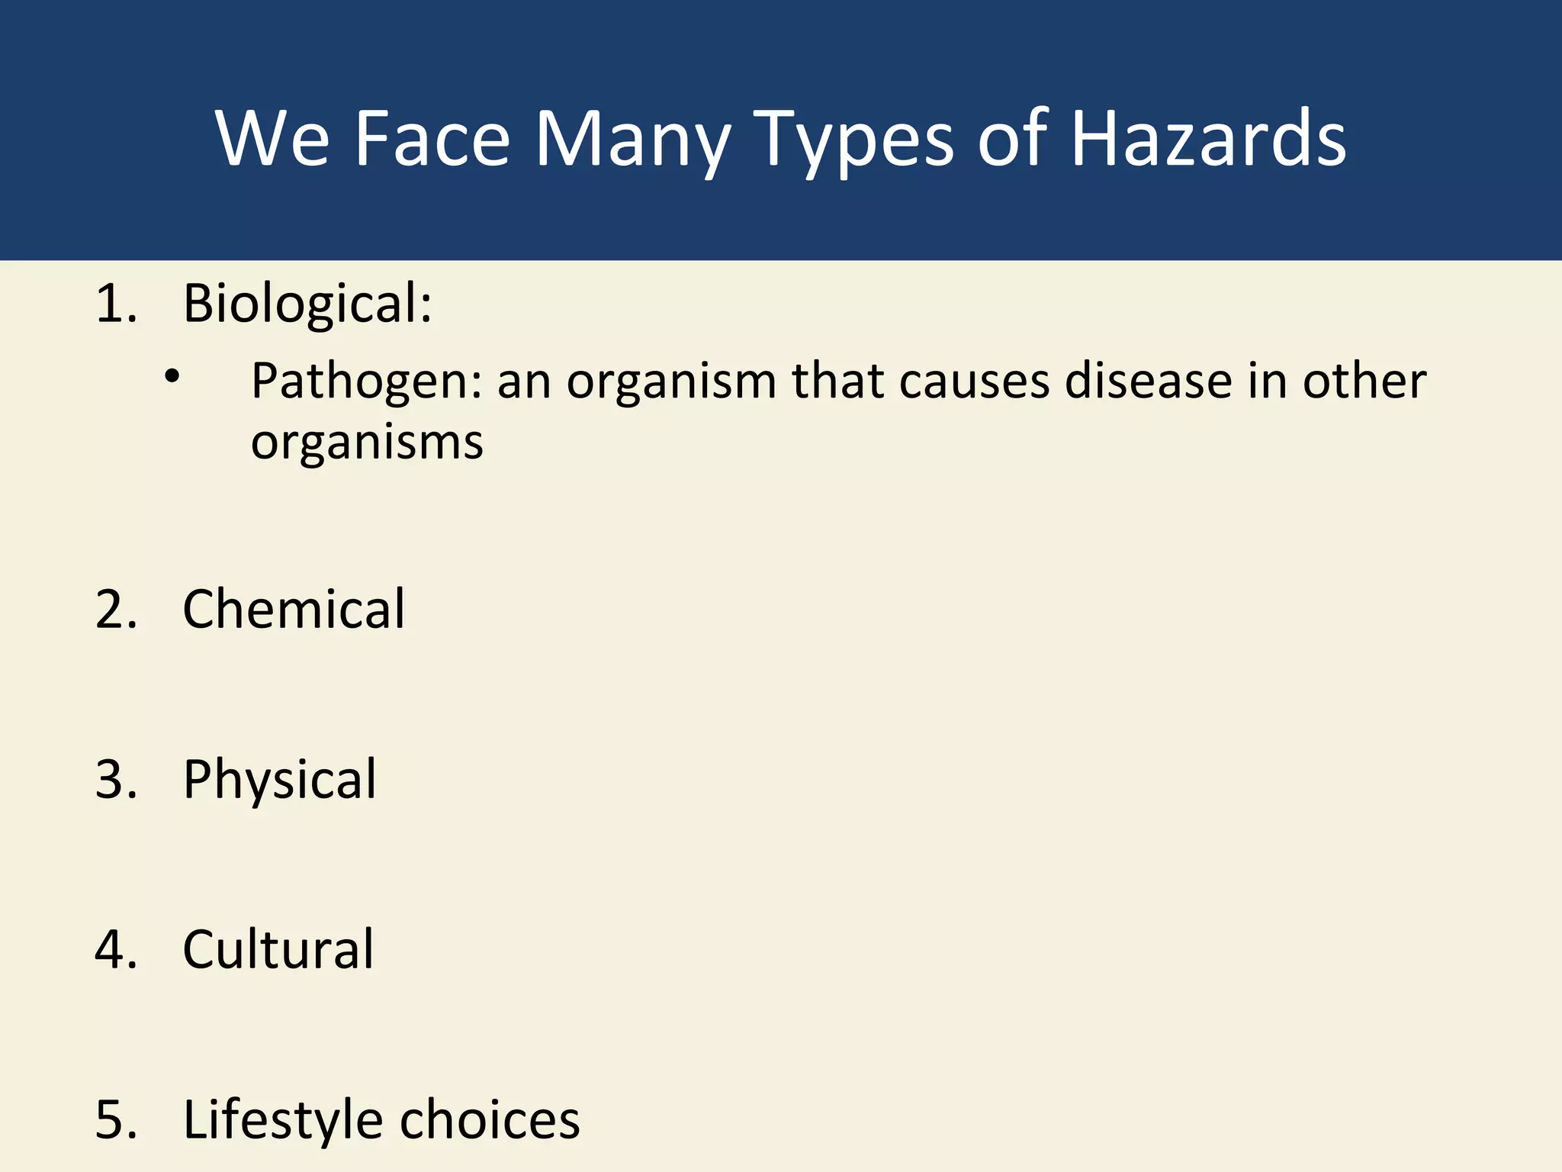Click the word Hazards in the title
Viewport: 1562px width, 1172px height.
tap(1208, 139)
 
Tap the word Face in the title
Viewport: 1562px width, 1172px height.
tap(432, 139)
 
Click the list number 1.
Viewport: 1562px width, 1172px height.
tap(115, 304)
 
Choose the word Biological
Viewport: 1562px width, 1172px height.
tap(307, 304)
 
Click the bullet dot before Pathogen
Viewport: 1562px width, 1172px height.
tap(172, 375)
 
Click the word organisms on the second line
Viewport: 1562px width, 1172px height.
tap(367, 443)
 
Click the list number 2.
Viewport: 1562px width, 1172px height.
tap(115, 610)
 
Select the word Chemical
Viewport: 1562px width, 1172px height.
tap(294, 610)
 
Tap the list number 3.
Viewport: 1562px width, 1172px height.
tap(115, 780)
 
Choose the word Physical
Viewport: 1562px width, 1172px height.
tap(279, 781)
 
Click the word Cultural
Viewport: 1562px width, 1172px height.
tap(278, 950)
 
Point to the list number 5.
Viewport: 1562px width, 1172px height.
tap(115, 1120)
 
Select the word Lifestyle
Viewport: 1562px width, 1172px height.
tap(283, 1120)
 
